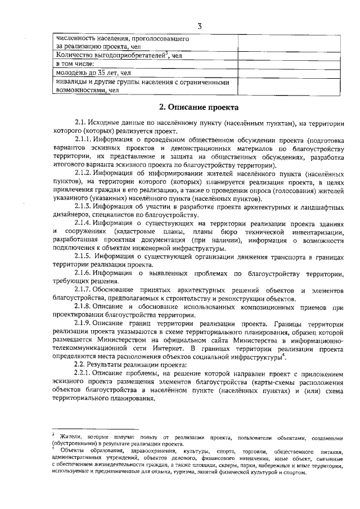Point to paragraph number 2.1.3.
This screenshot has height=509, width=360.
pos(84,207)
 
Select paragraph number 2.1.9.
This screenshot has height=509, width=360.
pos(84,325)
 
